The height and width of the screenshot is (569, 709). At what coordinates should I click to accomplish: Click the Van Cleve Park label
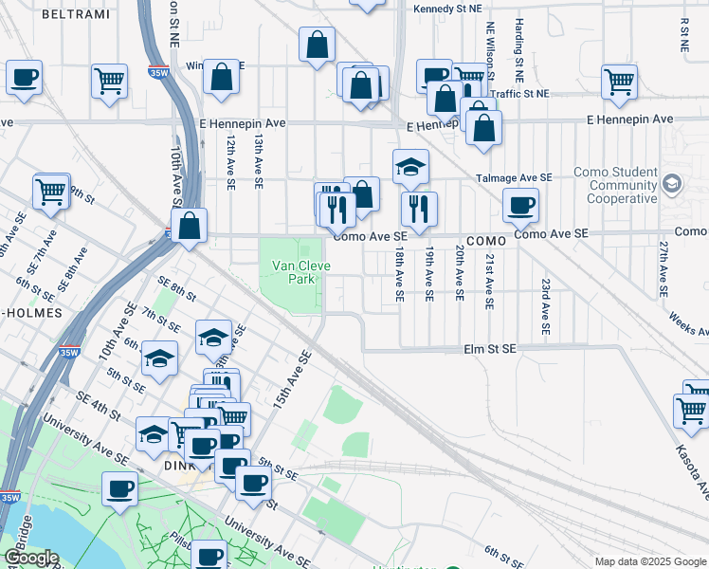coord(301,273)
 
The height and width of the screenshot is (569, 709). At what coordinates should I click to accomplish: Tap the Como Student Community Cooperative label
coord(616,185)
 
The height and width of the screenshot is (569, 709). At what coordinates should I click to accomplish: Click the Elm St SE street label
coord(490,349)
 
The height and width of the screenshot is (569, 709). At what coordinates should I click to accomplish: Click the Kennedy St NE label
coord(455,9)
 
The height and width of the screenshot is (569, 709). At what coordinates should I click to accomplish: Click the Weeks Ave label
coord(689,324)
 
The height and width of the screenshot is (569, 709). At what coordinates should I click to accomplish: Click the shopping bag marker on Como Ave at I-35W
coord(190,226)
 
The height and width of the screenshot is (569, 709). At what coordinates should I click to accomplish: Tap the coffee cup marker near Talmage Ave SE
coord(519,204)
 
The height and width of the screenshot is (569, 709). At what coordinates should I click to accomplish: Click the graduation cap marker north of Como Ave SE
coord(410,166)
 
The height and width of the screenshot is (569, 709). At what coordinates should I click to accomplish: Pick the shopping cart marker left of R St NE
coord(619,82)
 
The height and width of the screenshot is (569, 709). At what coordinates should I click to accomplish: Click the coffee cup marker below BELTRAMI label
coord(24,77)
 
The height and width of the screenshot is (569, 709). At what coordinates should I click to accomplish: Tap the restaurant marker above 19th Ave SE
coord(418,208)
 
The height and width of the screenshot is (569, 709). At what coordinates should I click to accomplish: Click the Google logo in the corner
coord(31,558)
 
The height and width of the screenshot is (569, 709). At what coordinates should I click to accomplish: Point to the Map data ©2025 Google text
coord(649,561)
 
